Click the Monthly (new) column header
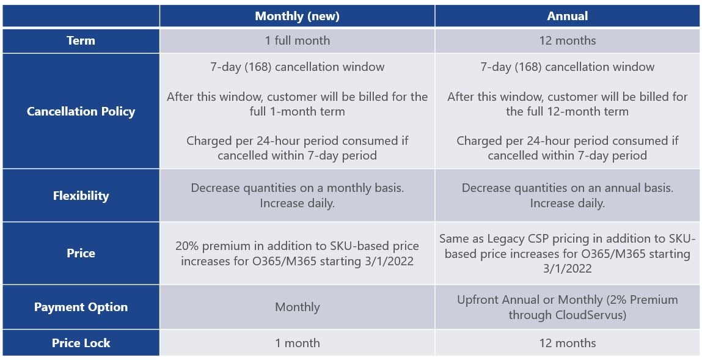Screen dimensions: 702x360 [298, 17]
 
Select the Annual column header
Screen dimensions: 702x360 [567, 17]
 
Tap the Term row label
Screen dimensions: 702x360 [81, 41]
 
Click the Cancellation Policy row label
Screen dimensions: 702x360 [81, 111]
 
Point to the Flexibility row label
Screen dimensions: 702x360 [81, 196]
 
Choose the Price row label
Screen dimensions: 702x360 [81, 253]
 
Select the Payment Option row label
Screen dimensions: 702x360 [81, 307]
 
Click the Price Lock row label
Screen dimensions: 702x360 [81, 343]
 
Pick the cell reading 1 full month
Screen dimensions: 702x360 [298, 41]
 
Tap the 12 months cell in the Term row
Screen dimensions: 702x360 [567, 41]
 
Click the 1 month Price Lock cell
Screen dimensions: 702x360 [298, 343]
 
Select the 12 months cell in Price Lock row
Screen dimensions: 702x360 [567, 343]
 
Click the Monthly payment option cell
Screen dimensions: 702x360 [298, 307]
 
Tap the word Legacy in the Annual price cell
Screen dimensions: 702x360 [508, 238]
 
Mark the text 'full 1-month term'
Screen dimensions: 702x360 [298, 111]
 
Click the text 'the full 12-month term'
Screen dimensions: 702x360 [567, 111]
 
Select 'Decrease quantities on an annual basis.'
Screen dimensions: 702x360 [567, 188]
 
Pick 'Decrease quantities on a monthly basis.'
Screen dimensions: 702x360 [298, 188]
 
